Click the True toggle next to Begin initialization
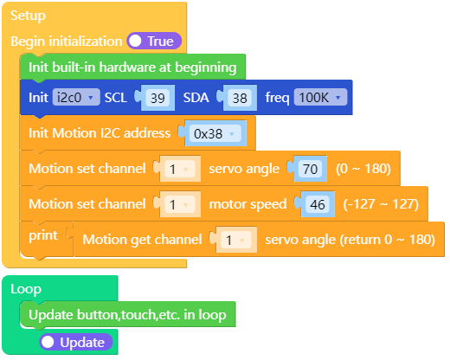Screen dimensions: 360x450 coord(153,41)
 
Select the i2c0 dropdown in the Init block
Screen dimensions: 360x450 coord(76,98)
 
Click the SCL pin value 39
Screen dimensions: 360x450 coord(157,98)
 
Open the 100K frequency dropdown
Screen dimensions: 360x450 coord(320,98)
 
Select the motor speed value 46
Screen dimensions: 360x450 coord(318,204)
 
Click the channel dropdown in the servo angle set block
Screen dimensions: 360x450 coord(179,169)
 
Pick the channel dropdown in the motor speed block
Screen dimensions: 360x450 coord(179,204)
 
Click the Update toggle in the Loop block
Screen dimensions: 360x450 coord(76,342)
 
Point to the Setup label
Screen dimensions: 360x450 coord(28,16)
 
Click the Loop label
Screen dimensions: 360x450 coord(25,289)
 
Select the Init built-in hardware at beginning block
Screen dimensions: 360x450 coord(132,67)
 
